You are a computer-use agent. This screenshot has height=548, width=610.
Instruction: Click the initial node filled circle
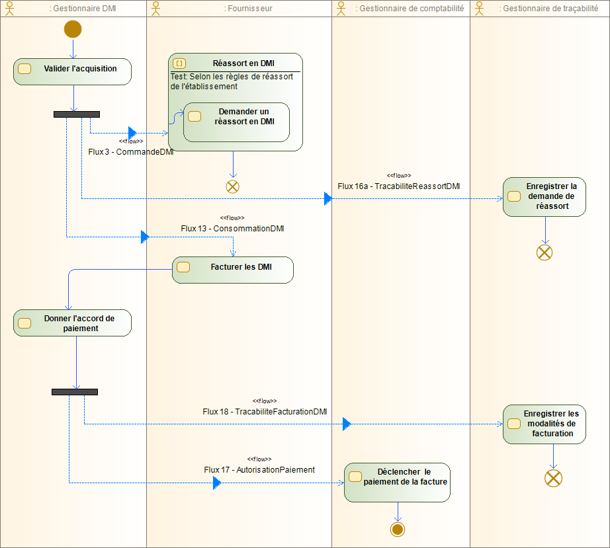tap(73, 29)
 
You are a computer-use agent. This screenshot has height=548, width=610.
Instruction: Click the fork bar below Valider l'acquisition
tap(76, 114)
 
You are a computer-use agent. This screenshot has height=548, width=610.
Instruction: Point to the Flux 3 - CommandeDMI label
tap(130, 151)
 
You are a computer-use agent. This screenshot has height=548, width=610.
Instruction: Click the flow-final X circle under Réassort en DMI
tap(232, 186)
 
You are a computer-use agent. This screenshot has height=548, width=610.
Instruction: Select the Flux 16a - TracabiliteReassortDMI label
tap(398, 186)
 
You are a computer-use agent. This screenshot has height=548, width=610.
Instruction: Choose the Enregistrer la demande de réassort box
tap(545, 196)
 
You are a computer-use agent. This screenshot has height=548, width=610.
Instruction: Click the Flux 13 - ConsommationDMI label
tap(232, 229)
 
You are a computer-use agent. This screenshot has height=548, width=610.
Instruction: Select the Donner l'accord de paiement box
tap(72, 323)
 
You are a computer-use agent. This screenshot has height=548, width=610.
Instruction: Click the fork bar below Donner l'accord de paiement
tap(74, 392)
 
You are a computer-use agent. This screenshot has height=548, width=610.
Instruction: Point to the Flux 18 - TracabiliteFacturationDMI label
tap(265, 411)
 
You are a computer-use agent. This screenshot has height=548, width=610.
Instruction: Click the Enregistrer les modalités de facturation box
tap(545, 424)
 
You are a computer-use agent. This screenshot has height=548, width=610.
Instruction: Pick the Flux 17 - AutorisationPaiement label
tap(259, 470)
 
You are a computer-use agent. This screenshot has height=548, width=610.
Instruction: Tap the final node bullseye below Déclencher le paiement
tap(397, 529)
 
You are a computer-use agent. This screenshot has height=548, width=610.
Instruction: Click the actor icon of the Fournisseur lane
tap(156, 8)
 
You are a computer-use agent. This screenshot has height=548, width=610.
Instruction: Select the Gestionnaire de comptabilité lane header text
tap(410, 9)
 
